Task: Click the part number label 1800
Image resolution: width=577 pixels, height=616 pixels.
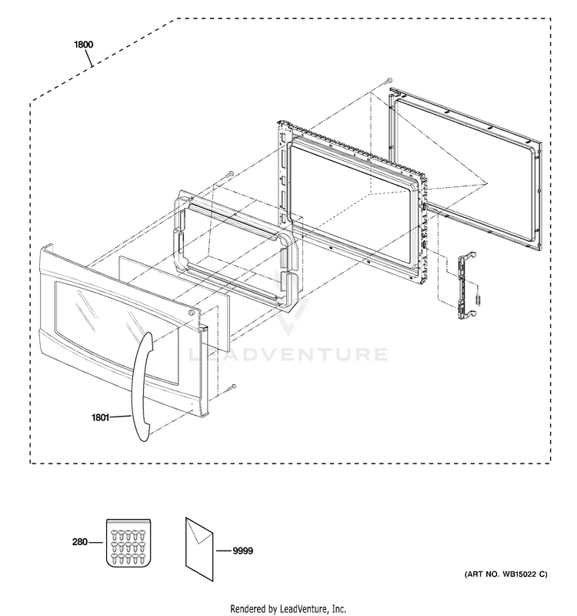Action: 84,45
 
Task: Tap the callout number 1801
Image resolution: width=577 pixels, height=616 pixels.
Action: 100,417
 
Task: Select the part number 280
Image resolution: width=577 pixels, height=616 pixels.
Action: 80,542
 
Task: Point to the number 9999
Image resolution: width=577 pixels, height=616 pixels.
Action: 242,551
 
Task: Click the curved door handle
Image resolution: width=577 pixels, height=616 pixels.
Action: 142,387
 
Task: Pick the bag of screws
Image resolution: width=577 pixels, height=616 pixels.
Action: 128,543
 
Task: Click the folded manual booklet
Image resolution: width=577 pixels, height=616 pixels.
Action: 199,548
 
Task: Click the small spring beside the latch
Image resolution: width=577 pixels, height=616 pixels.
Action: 479,300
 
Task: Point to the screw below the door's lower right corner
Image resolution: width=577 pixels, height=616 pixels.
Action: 232,387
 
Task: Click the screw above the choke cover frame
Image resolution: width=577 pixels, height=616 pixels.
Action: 230,174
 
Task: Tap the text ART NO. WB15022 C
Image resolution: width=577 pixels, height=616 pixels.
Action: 506,574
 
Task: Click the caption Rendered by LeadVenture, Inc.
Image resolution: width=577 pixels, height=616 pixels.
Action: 288,609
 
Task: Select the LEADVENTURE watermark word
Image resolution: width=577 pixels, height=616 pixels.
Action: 288,354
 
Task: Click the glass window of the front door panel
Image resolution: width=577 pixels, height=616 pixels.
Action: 117,331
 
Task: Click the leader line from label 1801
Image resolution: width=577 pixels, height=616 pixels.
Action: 120,417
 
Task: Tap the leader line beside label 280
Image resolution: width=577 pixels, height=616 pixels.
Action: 95,542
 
